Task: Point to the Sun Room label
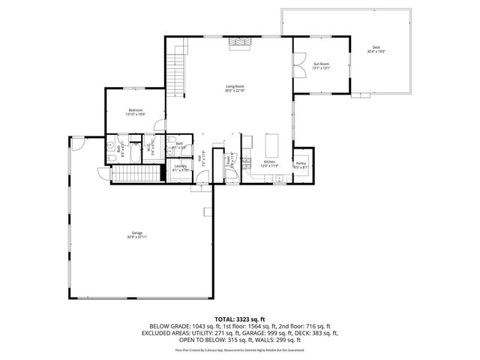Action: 321,65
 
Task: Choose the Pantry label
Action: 301,164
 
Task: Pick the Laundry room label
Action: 180,167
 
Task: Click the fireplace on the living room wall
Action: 238,43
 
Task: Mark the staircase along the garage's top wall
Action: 137,175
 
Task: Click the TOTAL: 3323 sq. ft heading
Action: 239,319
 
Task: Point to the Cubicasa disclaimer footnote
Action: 239,349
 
